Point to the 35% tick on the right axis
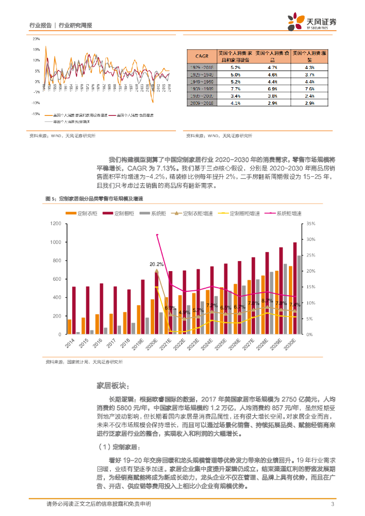tap(310, 224)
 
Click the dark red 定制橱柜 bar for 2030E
tap(295, 288)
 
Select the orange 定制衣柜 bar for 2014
tap(69, 327)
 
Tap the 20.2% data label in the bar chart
tap(156, 264)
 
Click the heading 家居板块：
tap(112, 386)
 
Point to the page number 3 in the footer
tap(332, 504)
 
